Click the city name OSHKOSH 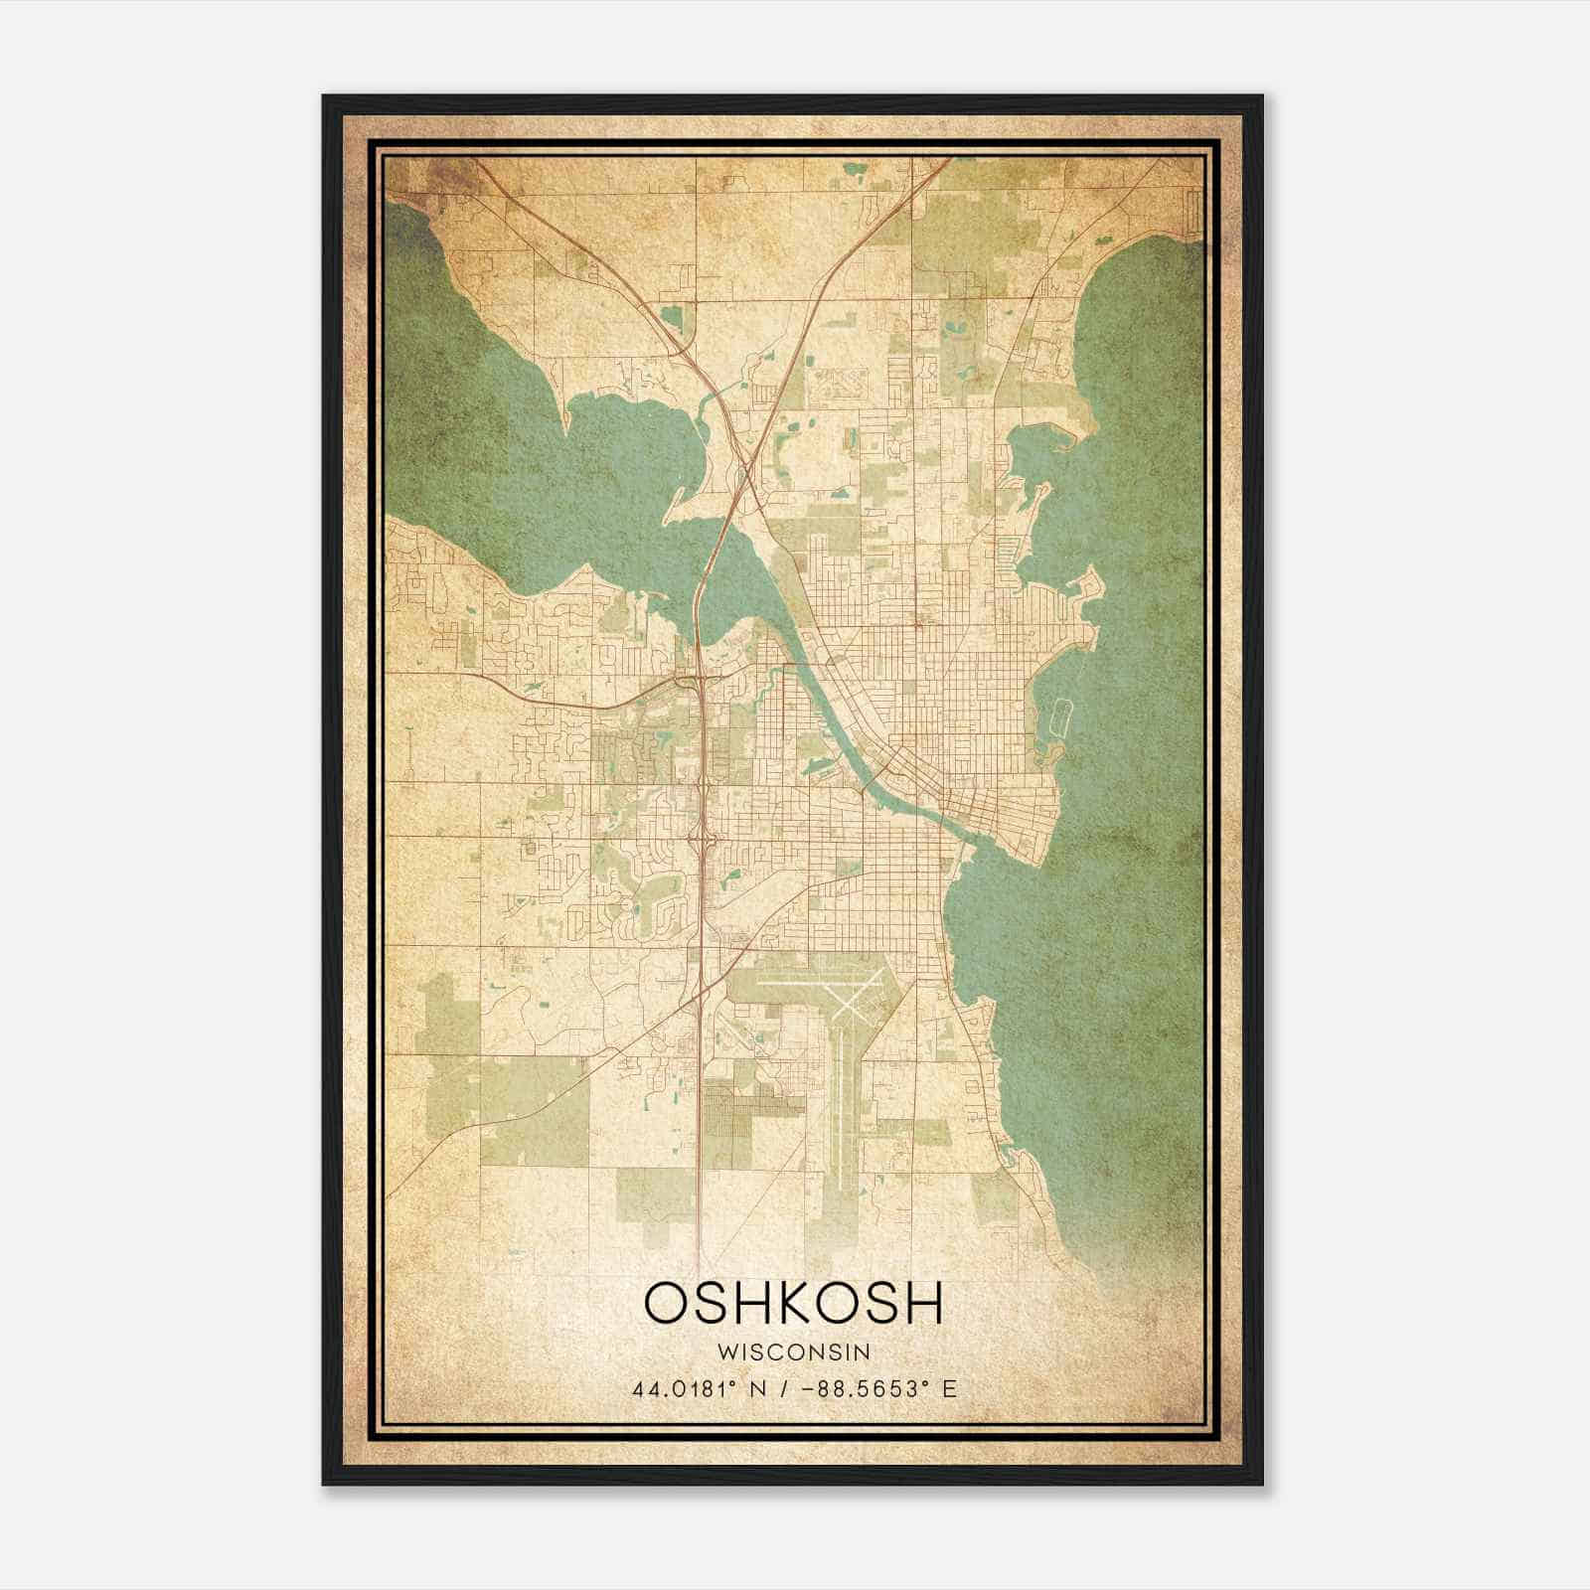(794, 1302)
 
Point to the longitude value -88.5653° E (874, 1388)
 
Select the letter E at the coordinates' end (950, 1388)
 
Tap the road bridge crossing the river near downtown (874, 780)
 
